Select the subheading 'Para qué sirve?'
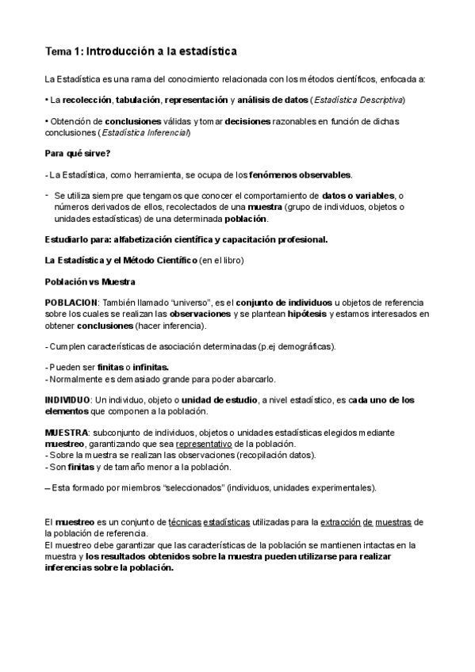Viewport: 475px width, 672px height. click(x=78, y=152)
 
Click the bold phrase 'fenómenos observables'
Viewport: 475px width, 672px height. click(x=301, y=174)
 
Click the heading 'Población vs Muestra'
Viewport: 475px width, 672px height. click(x=90, y=281)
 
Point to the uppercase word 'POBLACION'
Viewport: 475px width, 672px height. click(x=71, y=303)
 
